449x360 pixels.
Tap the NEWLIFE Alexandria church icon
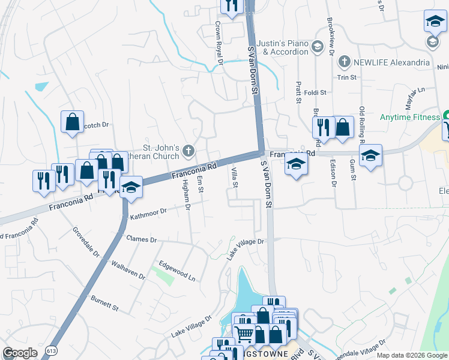point(344,62)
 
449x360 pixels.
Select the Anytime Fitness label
point(410,117)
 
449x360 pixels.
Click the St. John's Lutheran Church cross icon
point(189,150)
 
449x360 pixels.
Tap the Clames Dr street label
point(141,239)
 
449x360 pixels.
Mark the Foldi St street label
point(315,93)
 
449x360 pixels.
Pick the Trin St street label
point(346,77)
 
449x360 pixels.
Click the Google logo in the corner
point(20,353)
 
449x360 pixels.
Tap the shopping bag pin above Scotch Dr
point(72,122)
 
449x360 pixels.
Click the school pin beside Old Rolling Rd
point(370,155)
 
